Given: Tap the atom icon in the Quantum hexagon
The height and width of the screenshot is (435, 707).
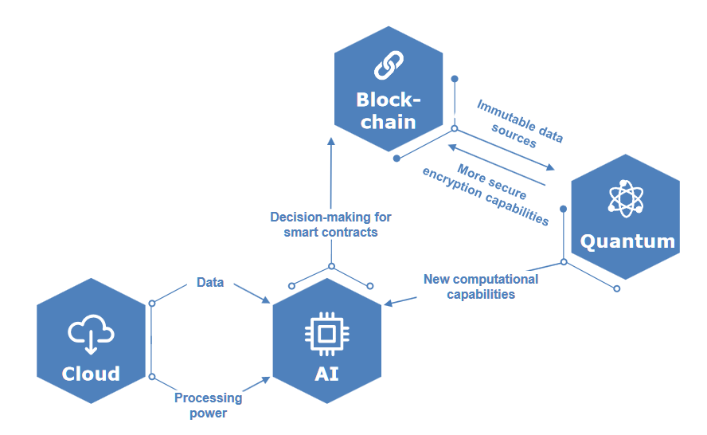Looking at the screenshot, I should tap(626, 198).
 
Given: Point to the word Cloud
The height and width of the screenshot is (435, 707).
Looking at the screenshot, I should tap(92, 374).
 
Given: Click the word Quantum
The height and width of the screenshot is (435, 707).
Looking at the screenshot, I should tap(627, 241).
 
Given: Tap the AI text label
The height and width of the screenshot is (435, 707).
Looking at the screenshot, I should tap(326, 373).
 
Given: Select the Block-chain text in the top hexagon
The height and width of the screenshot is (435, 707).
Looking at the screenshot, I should tap(388, 111).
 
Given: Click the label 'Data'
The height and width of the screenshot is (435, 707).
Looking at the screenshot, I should tap(210, 283).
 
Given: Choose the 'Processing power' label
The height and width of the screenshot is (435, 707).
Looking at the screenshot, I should tap(208, 406).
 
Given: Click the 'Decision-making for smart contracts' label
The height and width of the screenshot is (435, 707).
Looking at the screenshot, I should tap(330, 225).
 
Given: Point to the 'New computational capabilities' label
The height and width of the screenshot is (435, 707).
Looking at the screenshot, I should tap(481, 287).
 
